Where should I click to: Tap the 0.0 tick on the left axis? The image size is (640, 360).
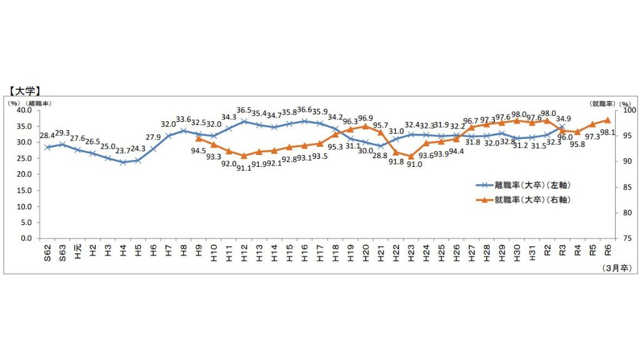click(26, 238)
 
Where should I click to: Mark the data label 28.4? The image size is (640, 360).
click(48, 136)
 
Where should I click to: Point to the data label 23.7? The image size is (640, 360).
click(122, 151)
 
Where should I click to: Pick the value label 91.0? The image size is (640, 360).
click(413, 164)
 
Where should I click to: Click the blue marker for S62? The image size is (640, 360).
click(47, 147)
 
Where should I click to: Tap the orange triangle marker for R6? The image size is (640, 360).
click(607, 120)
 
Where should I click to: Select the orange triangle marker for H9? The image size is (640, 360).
click(199, 138)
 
